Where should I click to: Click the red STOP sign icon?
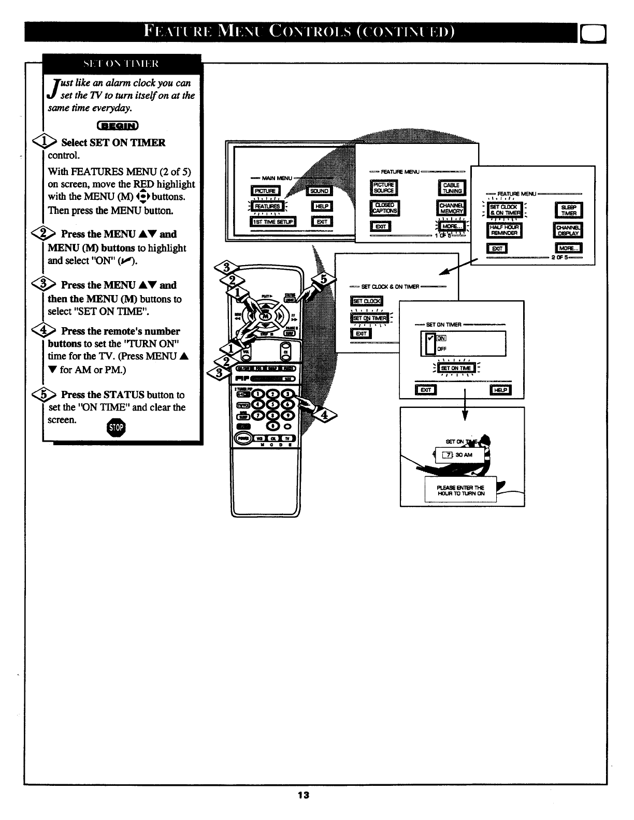click(x=117, y=427)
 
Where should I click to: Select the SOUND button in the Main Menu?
click(x=319, y=191)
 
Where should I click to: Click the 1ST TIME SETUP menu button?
click(x=272, y=222)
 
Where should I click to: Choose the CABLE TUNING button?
click(x=452, y=188)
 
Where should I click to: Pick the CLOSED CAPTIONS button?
click(x=384, y=208)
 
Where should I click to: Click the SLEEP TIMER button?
click(x=569, y=210)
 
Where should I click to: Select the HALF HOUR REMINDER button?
click(x=505, y=230)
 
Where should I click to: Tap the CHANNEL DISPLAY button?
click(x=568, y=230)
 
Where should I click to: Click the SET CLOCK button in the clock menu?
click(x=366, y=301)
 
